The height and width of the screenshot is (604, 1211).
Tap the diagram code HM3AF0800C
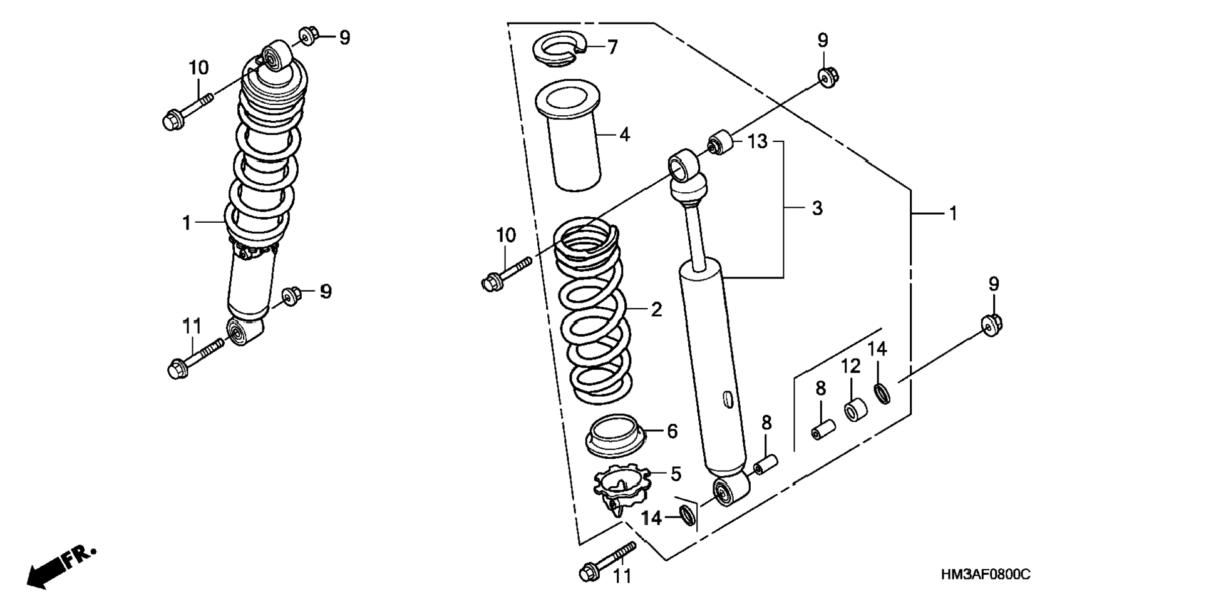pos(984,575)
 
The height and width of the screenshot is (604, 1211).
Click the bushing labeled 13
pos(721,142)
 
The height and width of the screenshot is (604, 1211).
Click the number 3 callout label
pos(817,208)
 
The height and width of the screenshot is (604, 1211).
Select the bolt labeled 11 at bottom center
pos(607,561)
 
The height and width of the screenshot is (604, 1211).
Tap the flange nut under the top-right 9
pos(828,77)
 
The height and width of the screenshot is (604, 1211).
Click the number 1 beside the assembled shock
pos(187,223)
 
